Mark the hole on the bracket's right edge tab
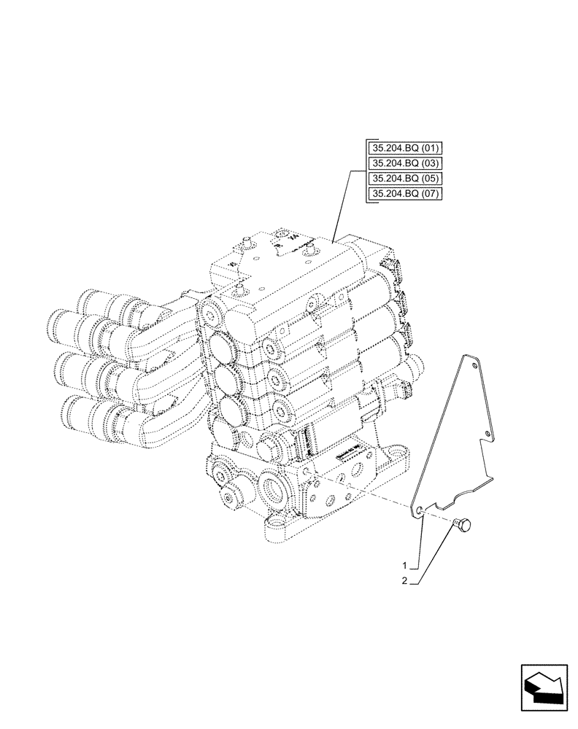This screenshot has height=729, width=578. [488, 436]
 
